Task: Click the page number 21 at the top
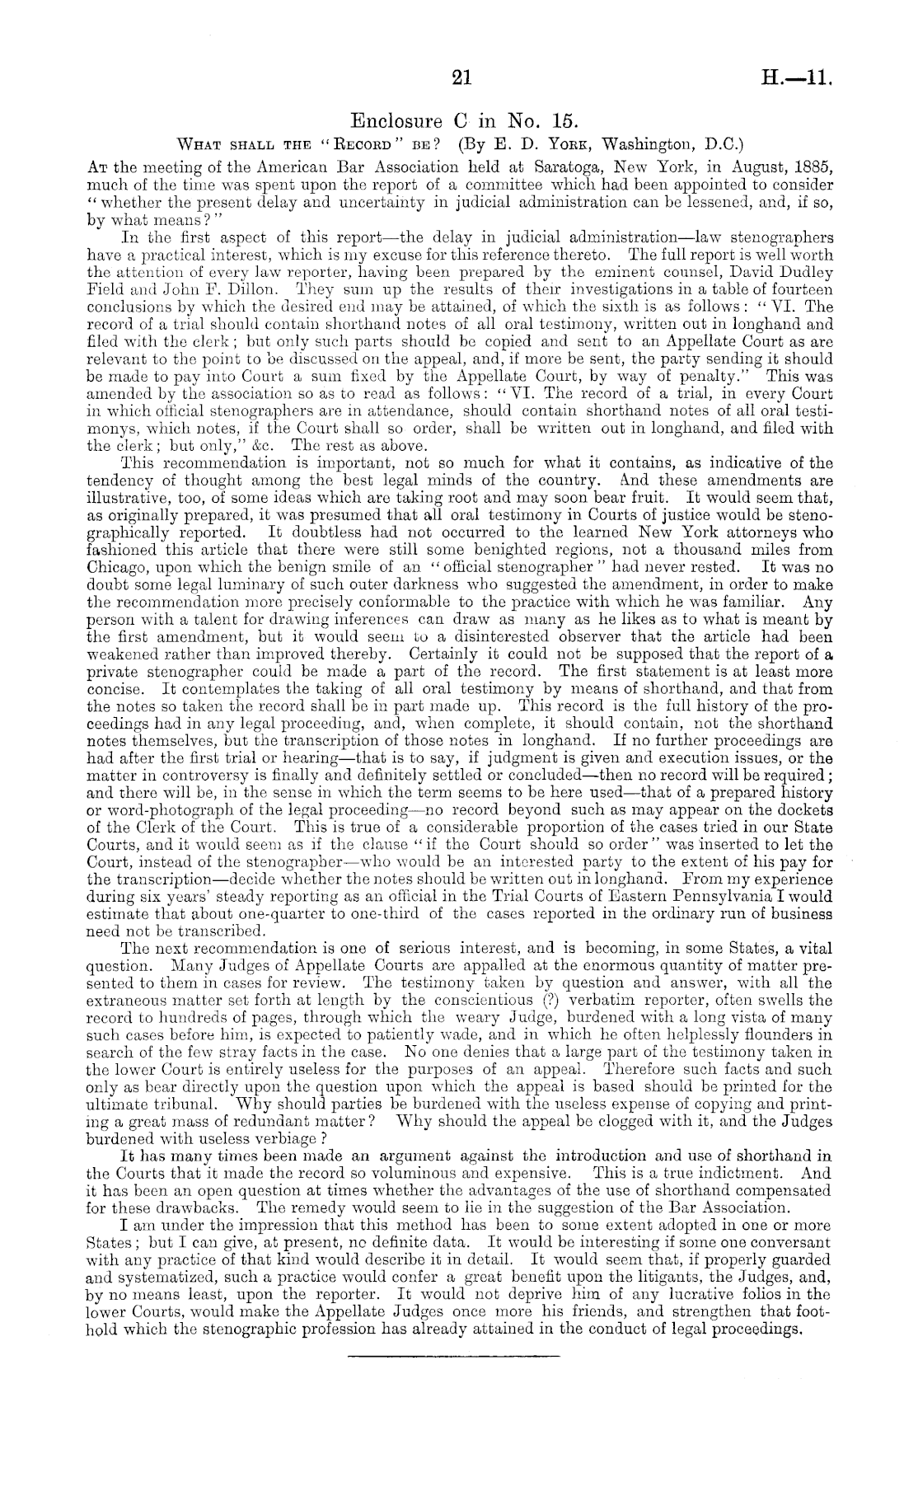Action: click(x=461, y=77)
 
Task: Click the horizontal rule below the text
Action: click(x=453, y=1354)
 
